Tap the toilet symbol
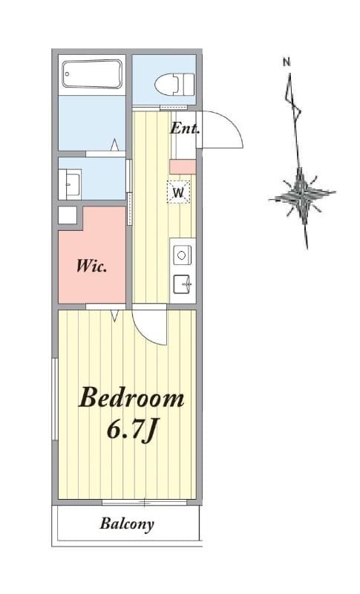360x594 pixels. pos(174,84)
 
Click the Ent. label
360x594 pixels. pos(184,128)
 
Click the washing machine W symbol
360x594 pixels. pos(178,192)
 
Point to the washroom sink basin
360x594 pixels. pos(72,184)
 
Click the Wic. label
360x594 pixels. pos(91,266)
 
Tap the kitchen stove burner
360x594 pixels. pos(183,255)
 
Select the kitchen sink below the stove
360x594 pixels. pos(183,284)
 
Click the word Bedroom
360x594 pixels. pos(131,397)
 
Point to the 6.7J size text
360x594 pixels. pos(131,431)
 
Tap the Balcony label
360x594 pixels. pos(127,524)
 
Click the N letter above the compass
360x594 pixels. pos(287,62)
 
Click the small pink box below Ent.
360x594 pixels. pos(183,166)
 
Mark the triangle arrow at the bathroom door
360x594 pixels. pos(115,144)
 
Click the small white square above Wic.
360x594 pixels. pos(68,215)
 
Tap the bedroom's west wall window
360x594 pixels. pos(54,399)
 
